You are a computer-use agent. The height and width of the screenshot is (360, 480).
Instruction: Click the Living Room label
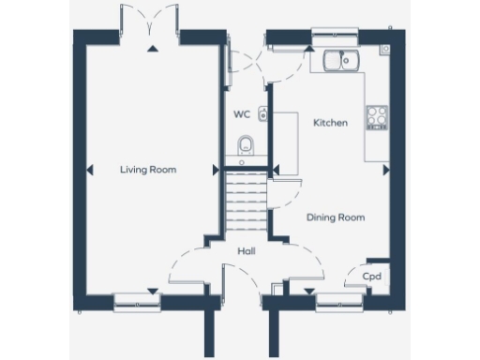tap(148, 170)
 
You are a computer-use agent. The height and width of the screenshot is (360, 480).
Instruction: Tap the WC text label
tap(242, 115)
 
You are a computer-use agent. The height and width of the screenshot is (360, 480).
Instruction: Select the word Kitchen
tap(330, 123)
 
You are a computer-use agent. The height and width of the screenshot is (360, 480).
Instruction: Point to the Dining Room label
tap(336, 217)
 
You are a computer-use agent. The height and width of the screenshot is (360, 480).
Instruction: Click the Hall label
tap(247, 250)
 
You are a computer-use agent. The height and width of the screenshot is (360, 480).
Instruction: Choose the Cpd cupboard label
tap(371, 277)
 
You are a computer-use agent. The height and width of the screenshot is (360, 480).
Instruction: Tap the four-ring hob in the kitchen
tap(378, 117)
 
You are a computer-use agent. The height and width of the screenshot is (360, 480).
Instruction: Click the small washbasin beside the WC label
tap(263, 114)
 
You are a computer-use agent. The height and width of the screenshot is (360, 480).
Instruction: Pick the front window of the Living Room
tap(137, 300)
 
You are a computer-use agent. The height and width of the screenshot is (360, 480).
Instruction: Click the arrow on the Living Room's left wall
tap(89, 170)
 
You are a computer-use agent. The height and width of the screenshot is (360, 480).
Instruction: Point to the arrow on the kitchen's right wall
tap(386, 170)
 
